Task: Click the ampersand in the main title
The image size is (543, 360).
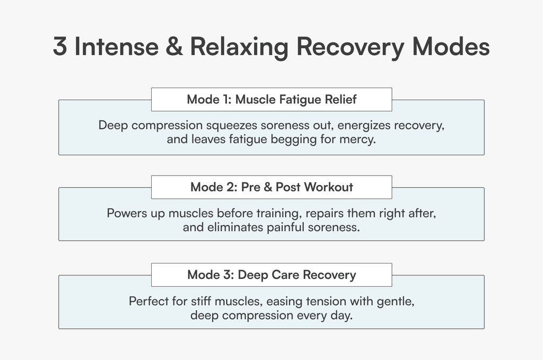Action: [174, 46]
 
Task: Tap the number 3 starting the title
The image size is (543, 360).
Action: [60, 46]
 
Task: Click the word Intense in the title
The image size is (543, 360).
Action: [117, 46]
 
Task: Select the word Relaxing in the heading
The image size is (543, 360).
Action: [239, 47]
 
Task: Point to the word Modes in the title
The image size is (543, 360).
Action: [451, 46]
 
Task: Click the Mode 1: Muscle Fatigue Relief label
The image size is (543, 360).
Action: [271, 99]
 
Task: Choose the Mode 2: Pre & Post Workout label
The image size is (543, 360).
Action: [271, 187]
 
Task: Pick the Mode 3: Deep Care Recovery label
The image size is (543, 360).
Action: [271, 275]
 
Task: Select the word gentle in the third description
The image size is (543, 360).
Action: [396, 302]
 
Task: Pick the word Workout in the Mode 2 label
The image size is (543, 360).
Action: [329, 187]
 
